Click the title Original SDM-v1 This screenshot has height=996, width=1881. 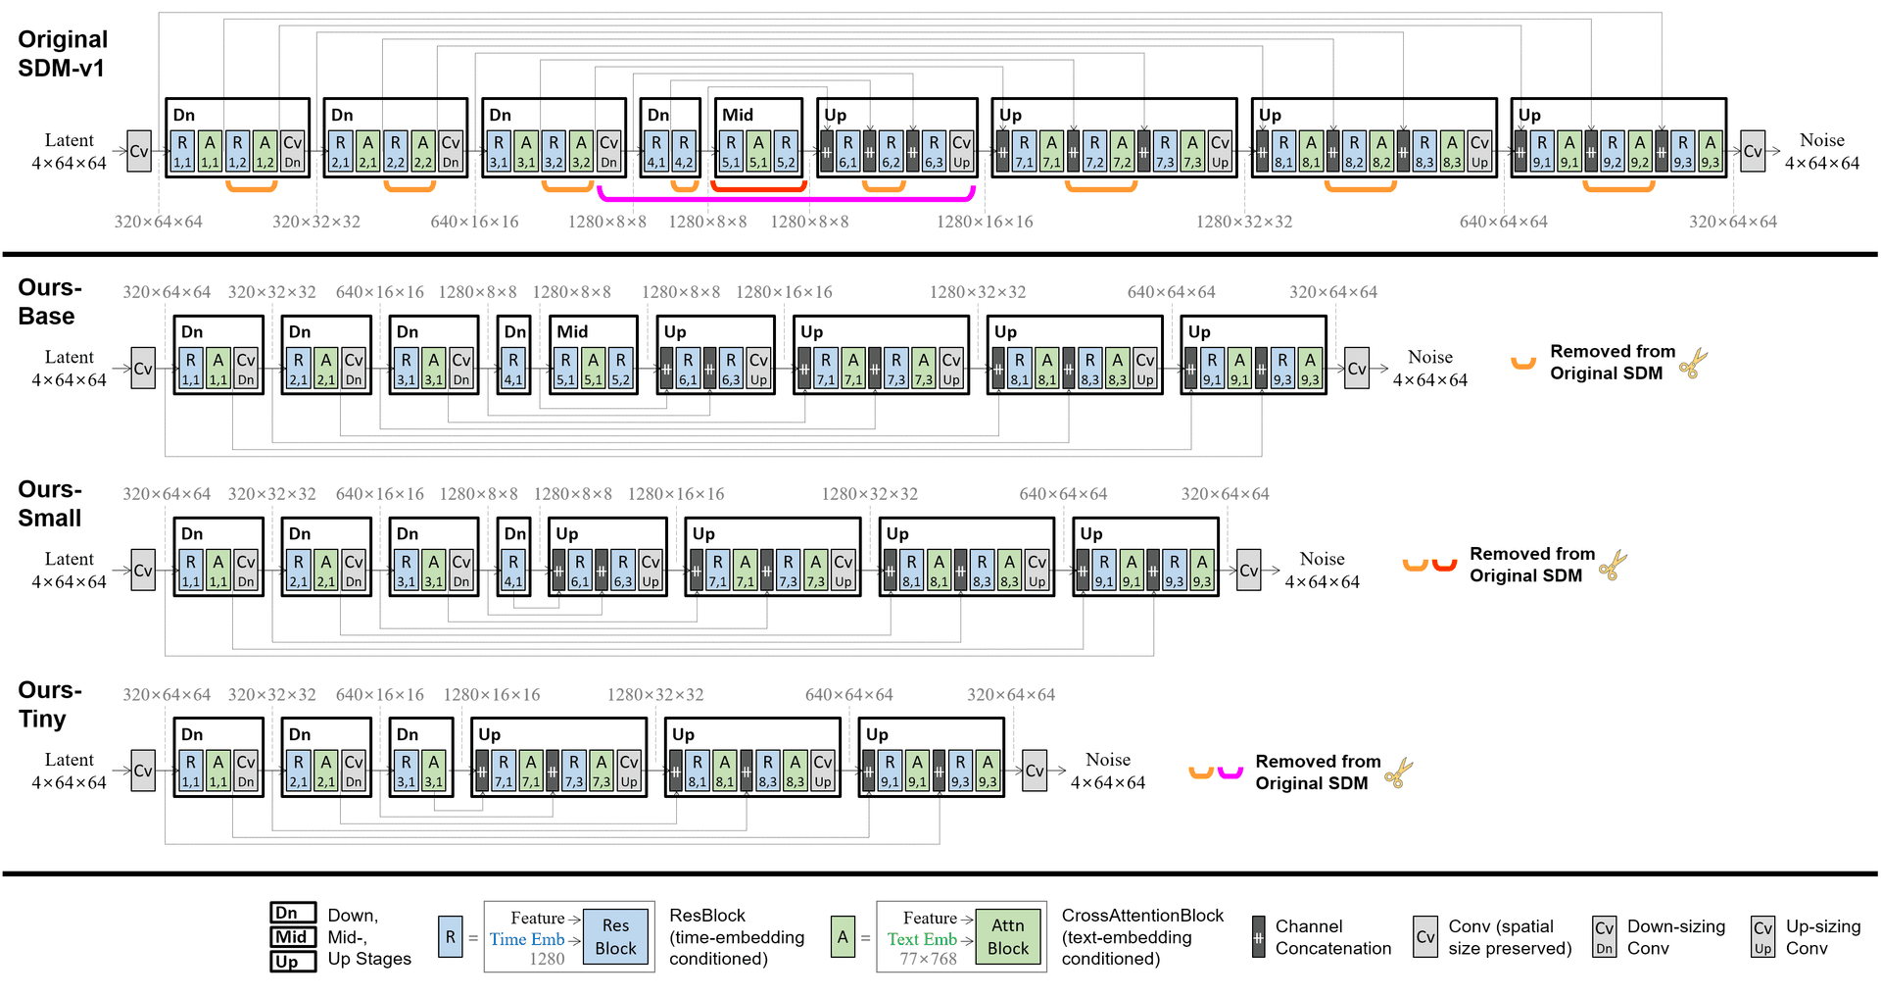coord(63,54)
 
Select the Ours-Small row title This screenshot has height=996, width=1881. coord(50,504)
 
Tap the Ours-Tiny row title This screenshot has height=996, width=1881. coord(50,705)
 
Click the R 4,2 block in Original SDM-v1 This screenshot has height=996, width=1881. coord(684,152)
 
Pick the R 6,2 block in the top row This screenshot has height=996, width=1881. coord(891,152)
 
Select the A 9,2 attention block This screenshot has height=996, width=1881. coord(1640,152)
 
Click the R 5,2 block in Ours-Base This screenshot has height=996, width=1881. coord(621,369)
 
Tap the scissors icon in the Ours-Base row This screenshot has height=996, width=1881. coord(1693,364)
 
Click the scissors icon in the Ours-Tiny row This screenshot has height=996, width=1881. coord(1399,773)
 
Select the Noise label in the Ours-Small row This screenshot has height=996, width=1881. coord(1322,559)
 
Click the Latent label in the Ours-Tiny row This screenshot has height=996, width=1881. coord(70,760)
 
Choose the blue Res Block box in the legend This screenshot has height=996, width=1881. coord(615,937)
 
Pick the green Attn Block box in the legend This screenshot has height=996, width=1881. coord(1008,937)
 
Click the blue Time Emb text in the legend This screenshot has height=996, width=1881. coord(527,939)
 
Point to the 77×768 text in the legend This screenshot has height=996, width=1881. coord(929,959)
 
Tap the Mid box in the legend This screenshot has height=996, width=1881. coord(293,937)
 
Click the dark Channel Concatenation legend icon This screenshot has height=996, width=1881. coord(1259,937)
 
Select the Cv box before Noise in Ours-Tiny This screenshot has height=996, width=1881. coord(1035,771)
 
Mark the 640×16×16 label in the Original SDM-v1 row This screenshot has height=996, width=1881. coord(474,222)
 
